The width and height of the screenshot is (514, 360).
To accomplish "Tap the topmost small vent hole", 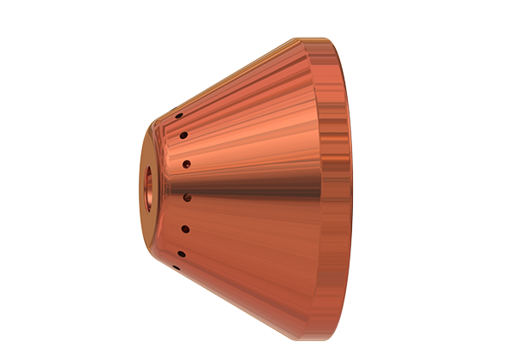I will [177, 116].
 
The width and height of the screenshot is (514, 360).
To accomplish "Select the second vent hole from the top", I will [183, 135].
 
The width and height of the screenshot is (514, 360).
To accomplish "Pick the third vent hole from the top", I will [186, 163].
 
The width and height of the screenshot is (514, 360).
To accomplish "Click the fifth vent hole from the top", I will [185, 229].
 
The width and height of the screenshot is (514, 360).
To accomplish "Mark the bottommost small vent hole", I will [175, 267].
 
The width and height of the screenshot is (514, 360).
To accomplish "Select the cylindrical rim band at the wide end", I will [339, 180].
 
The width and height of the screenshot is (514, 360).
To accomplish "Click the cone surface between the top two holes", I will [181, 125].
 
